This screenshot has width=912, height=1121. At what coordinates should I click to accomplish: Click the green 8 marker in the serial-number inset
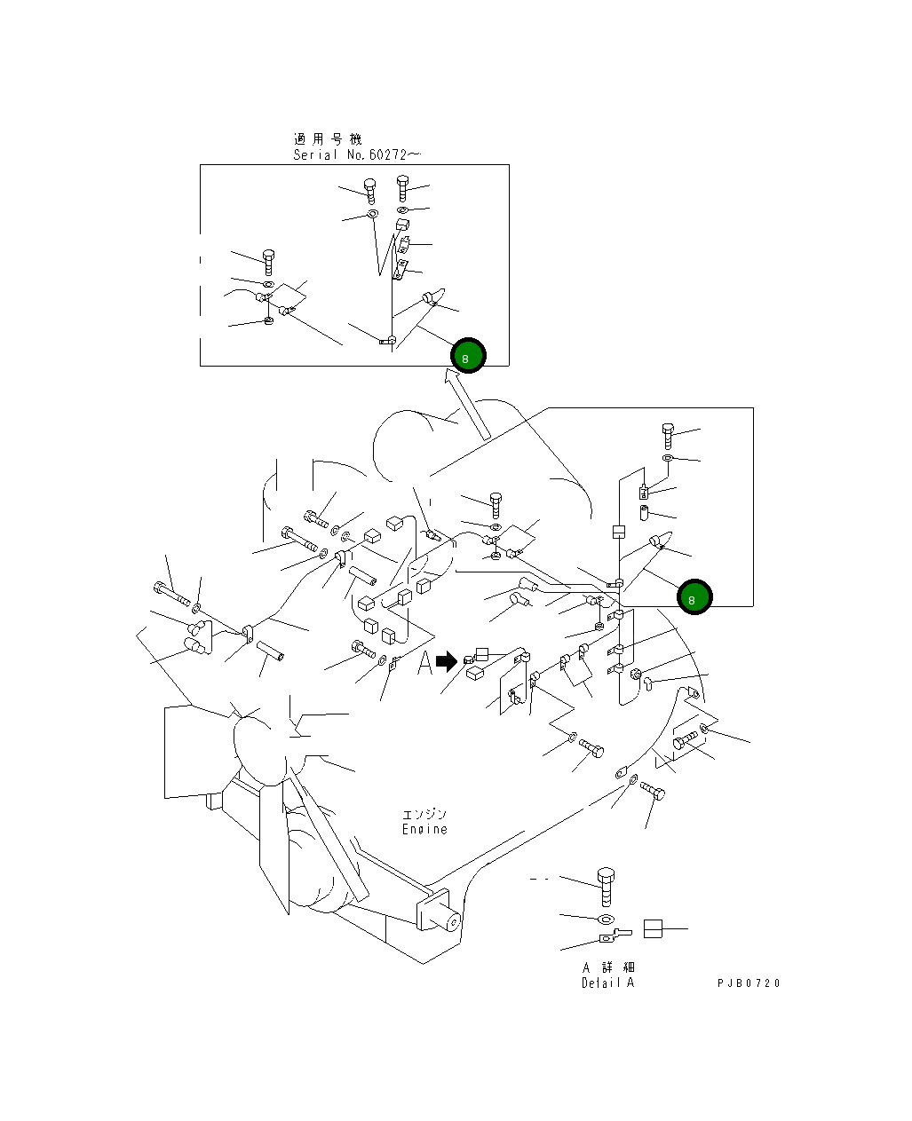468,356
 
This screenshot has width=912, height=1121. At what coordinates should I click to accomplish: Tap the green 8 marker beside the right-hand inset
694,597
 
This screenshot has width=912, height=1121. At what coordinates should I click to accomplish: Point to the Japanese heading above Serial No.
328,138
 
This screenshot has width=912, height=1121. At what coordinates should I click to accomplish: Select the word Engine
424,829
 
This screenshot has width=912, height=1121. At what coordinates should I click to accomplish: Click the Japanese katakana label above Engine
424,814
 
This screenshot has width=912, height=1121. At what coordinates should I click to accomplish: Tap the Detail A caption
608,983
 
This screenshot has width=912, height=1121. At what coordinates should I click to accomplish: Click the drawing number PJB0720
749,983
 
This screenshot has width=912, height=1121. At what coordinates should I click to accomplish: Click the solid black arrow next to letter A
447,661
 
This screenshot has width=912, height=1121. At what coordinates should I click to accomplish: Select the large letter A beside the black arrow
425,662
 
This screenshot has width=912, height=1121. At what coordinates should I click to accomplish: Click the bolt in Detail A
606,885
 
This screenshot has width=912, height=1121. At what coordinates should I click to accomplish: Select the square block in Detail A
654,928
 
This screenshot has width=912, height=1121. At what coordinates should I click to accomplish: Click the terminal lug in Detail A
613,935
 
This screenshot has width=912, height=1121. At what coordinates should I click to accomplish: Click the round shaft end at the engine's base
451,922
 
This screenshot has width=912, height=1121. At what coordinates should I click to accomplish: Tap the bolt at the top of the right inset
669,434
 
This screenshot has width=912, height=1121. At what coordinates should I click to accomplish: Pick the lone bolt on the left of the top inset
269,261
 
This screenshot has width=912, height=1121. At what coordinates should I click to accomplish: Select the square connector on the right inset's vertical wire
619,533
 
